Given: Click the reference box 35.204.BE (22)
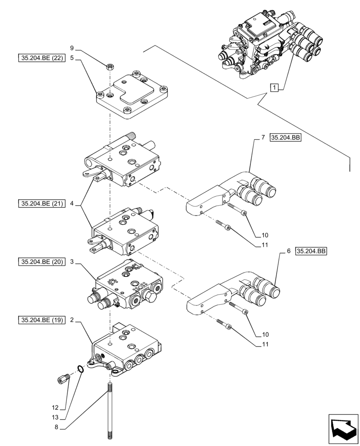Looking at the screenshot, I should pyautogui.click(x=41, y=58).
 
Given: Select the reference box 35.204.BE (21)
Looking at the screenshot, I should pyautogui.click(x=41, y=204).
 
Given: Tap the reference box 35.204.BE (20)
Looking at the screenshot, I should pyautogui.click(x=41, y=262).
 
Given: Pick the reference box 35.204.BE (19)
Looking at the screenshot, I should pyautogui.click(x=41, y=320).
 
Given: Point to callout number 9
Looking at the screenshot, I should pyautogui.click(x=71, y=48).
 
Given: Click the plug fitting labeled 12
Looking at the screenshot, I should pyautogui.click(x=63, y=379).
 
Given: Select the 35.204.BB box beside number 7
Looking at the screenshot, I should pyautogui.click(x=286, y=138).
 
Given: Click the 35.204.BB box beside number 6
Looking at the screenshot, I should pyautogui.click(x=311, y=252).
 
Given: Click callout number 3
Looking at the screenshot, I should pyautogui.click(x=71, y=262).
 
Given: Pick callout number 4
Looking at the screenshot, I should pyautogui.click(x=71, y=204).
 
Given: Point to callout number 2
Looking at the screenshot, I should pyautogui.click(x=71, y=320).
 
